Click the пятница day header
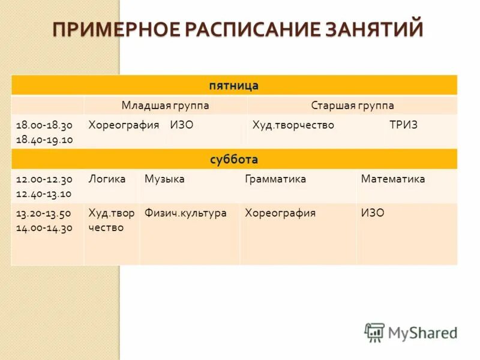coord(234,86)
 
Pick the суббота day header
coord(234,160)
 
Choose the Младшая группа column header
coord(166,106)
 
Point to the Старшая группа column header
coord(352,106)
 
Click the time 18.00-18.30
coord(44,125)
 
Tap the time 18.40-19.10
coord(44,139)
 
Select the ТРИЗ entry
coord(403,125)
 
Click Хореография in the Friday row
coord(124,125)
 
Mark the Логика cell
coord(107,179)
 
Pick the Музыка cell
coord(164,179)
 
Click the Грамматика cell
coord(275,179)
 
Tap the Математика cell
coord(392,179)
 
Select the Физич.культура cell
coord(186,213)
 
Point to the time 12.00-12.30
coord(44,179)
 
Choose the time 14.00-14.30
coord(44,227)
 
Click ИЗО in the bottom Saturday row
coord(373,213)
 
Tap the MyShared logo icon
coord(374,332)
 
